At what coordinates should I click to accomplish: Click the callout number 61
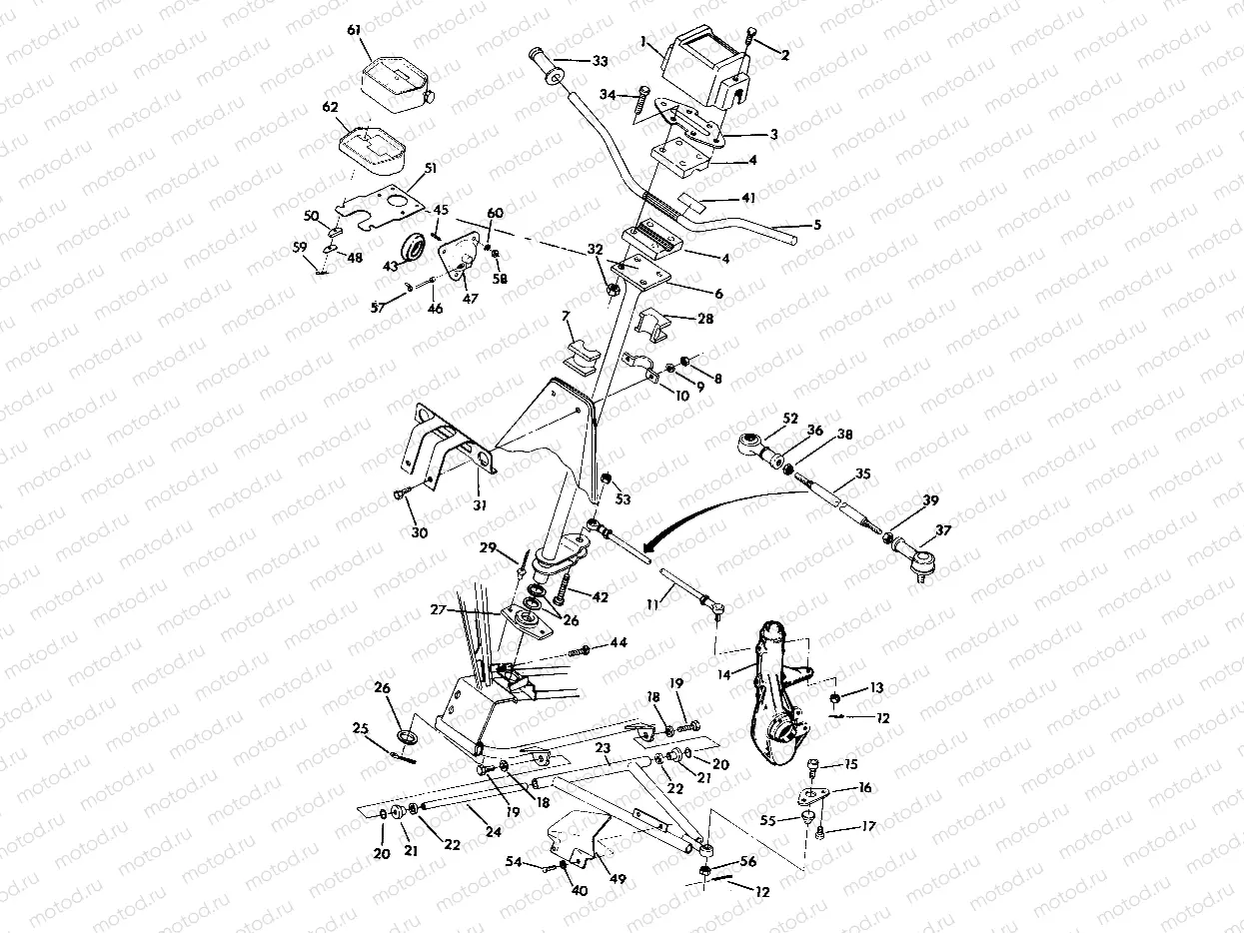[x=353, y=31]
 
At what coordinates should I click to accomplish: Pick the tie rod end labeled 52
[x=754, y=444]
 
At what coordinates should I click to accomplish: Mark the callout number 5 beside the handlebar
[x=816, y=226]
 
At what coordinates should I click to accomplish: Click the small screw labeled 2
[x=751, y=40]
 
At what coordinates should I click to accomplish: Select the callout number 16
[x=864, y=788]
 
